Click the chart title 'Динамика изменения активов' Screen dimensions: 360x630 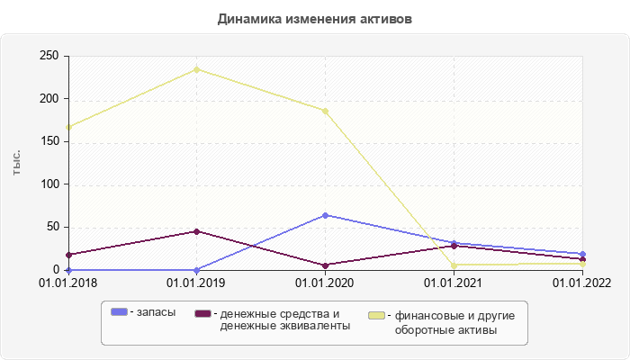315,19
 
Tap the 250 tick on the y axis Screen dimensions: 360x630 49,57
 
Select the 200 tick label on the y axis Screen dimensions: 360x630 49,99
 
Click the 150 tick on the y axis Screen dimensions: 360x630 49,141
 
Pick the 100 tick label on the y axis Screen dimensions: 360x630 49,184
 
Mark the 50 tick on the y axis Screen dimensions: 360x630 52,227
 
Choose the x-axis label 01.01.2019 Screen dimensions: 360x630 196,283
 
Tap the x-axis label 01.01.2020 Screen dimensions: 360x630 325,283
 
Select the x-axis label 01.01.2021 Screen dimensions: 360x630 454,283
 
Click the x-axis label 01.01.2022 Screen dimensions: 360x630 582,283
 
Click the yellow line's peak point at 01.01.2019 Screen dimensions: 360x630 196,69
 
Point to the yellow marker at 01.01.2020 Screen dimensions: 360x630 325,111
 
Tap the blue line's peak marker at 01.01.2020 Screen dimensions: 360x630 325,215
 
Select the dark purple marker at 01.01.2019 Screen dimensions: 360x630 196,231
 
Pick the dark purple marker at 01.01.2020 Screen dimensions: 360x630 325,265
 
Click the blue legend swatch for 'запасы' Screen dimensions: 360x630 119,312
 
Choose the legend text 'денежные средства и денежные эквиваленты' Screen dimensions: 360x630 280,319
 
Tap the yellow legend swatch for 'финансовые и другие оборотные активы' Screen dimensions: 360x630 377,316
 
